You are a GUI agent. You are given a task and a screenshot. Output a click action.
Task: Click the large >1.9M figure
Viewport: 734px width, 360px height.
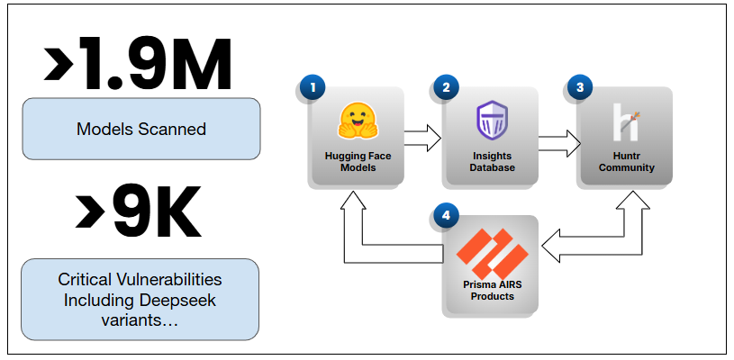(139, 65)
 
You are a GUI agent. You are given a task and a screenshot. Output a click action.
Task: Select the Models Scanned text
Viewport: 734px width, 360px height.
(141, 129)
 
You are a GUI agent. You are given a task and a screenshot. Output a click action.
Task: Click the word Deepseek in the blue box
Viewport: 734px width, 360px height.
(177, 299)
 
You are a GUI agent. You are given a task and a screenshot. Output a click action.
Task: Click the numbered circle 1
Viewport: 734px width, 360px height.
(313, 87)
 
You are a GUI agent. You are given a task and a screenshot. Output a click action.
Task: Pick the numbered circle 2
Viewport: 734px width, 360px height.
(445, 87)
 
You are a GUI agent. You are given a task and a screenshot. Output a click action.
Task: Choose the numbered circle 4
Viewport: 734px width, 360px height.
(445, 215)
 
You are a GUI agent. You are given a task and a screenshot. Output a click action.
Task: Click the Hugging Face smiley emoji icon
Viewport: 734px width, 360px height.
(357, 121)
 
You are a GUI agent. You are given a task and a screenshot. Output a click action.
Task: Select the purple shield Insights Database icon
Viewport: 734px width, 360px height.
(491, 121)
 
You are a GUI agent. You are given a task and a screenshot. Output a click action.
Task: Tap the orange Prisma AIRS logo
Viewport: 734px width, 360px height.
(491, 254)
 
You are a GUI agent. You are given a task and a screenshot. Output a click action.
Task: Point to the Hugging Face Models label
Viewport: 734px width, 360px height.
(357, 161)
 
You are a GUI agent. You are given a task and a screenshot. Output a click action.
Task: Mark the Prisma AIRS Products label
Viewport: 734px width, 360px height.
(491, 291)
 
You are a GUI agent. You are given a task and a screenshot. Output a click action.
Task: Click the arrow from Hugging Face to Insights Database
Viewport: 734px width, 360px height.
(421, 138)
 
